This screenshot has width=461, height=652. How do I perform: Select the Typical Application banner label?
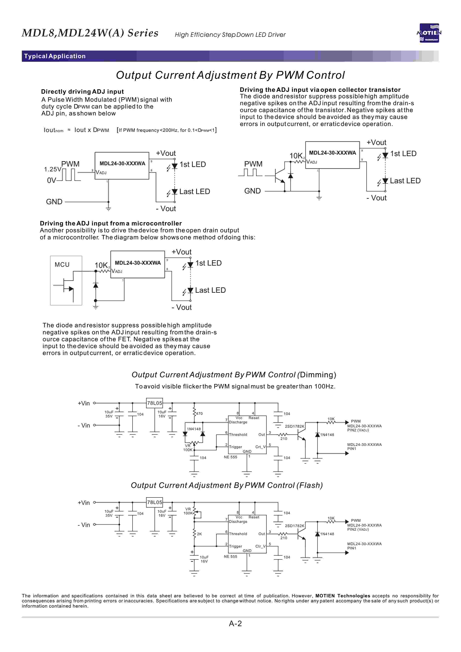pyautogui.click(x=55, y=56)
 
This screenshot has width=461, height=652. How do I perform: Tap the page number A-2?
pyautogui.click(x=235, y=623)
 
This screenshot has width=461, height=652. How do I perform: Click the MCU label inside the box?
pyautogui.click(x=62, y=264)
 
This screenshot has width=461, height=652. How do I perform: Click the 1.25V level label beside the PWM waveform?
pyautogui.click(x=53, y=169)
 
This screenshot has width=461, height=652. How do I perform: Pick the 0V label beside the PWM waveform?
pyautogui.click(x=51, y=180)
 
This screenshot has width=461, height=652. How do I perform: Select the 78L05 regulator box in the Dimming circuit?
pyautogui.click(x=154, y=403)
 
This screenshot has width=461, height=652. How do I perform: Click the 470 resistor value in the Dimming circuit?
pyautogui.click(x=199, y=414)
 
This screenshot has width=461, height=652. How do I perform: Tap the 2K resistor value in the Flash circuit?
pyautogui.click(x=199, y=534)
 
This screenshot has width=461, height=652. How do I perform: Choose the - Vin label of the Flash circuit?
pyautogui.click(x=84, y=525)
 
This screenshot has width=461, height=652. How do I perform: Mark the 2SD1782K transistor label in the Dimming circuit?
pyautogui.click(x=294, y=426)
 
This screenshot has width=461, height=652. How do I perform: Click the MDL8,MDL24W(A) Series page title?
pyautogui.click(x=90, y=33)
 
